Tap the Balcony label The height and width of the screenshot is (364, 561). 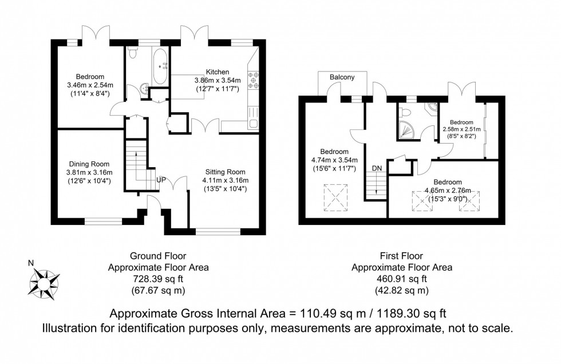coord(342,77)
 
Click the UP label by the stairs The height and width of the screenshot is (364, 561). coord(162,180)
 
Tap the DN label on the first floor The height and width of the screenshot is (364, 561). coord(377,168)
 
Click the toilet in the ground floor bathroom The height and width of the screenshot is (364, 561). coord(133,54)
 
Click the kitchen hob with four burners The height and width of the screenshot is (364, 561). coord(252,80)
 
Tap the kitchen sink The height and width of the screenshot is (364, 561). coord(252,122)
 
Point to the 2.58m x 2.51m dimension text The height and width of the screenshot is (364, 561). coord(461,130)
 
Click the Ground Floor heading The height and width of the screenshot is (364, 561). coord(159,256)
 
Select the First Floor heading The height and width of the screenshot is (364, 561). coord(401,256)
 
